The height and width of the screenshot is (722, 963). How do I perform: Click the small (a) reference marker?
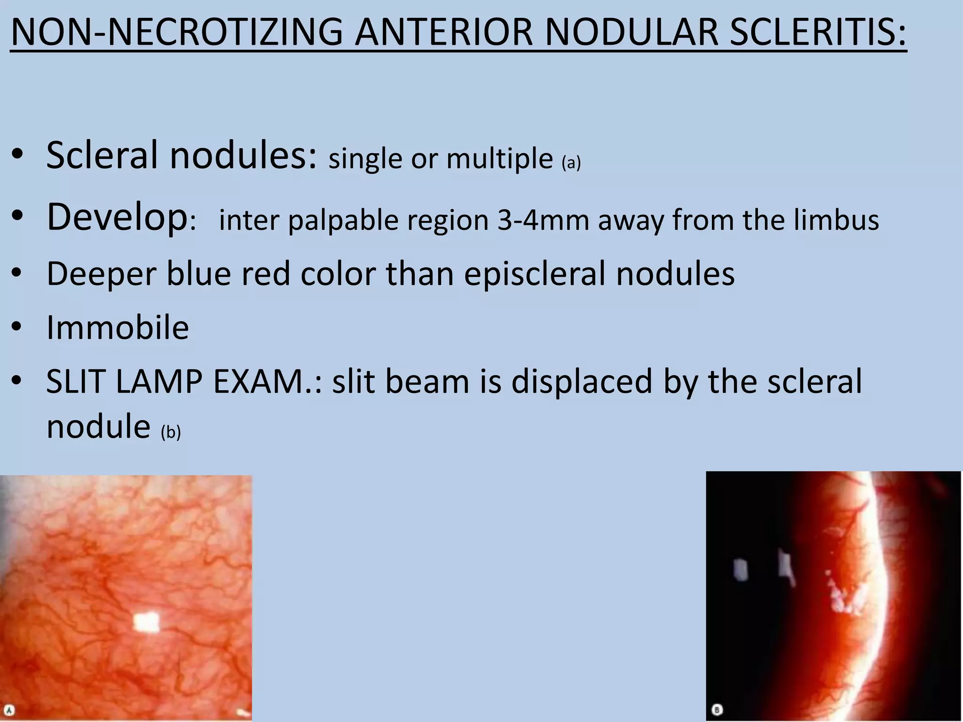(571, 163)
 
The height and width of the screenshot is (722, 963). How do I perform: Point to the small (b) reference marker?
(171, 432)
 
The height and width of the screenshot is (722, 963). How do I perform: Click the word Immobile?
(118, 328)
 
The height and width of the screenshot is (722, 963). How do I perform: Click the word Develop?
(117, 217)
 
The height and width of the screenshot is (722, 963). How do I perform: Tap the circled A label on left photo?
(9, 710)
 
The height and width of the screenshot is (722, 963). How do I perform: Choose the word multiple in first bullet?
(499, 159)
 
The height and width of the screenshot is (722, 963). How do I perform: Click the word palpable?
(343, 220)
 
